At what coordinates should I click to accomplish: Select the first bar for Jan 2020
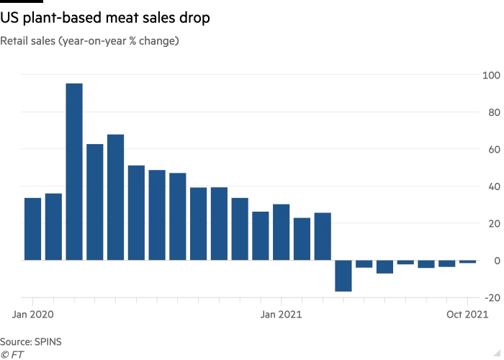coord(32,228)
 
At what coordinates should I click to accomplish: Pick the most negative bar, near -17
coord(343,276)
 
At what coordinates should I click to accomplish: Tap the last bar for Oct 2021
coord(468,262)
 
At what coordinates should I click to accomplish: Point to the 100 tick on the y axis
coord(491,75)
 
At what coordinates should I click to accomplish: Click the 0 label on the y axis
coord(495,261)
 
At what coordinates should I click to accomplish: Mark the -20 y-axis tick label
coord(492,297)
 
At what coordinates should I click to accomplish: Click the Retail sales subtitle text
coord(90,41)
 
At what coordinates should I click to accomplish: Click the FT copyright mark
coord(10,354)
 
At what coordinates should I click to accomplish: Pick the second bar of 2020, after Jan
coord(53,226)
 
